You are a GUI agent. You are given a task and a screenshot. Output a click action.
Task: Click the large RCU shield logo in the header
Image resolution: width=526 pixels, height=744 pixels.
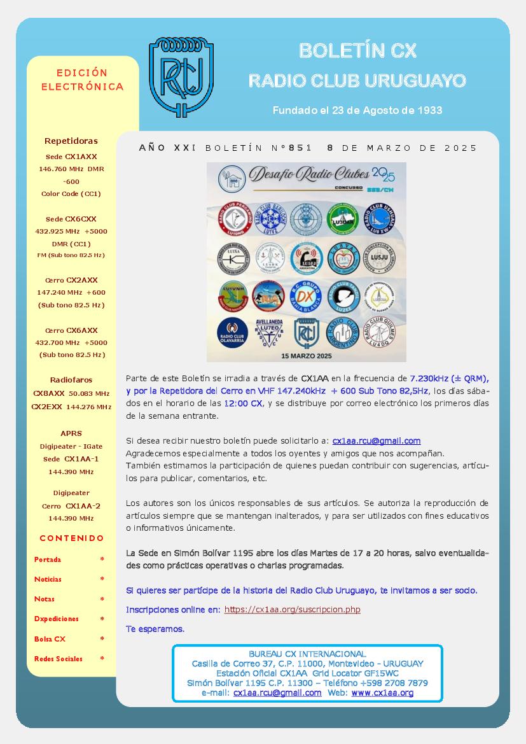[181, 77]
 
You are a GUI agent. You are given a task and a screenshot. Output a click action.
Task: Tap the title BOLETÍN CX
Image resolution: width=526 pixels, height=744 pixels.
[357, 51]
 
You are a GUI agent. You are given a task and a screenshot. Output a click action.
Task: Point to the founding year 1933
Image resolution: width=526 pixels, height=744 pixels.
[429, 110]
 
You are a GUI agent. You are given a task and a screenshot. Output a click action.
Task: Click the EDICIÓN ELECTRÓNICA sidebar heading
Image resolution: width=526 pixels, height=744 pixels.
[82, 80]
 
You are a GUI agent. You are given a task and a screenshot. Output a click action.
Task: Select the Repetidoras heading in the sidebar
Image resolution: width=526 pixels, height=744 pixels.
[71, 141]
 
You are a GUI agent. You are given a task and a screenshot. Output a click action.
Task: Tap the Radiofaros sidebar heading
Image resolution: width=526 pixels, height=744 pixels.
[71, 380]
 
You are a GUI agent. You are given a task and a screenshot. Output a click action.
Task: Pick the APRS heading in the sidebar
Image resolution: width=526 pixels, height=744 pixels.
[71, 433]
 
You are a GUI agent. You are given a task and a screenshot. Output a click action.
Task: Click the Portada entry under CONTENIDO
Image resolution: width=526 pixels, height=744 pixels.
[48, 559]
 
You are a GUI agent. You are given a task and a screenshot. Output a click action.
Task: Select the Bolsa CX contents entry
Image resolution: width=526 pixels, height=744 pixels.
[50, 638]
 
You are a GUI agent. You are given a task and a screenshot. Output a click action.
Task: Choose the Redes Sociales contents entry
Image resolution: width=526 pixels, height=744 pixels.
[59, 659]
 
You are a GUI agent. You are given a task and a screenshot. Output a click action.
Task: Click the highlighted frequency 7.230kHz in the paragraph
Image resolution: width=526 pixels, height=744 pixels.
[436, 378]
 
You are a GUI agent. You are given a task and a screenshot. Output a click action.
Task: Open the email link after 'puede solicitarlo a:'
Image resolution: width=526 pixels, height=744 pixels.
[376, 440]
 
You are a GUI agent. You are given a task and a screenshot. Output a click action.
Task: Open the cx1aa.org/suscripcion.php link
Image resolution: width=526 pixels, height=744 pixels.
[292, 609]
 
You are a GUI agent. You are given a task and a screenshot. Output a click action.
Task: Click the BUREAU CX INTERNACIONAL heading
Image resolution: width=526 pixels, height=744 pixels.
[307, 654]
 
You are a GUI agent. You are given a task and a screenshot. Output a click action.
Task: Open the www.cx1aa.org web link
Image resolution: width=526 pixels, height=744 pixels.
[382, 692]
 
